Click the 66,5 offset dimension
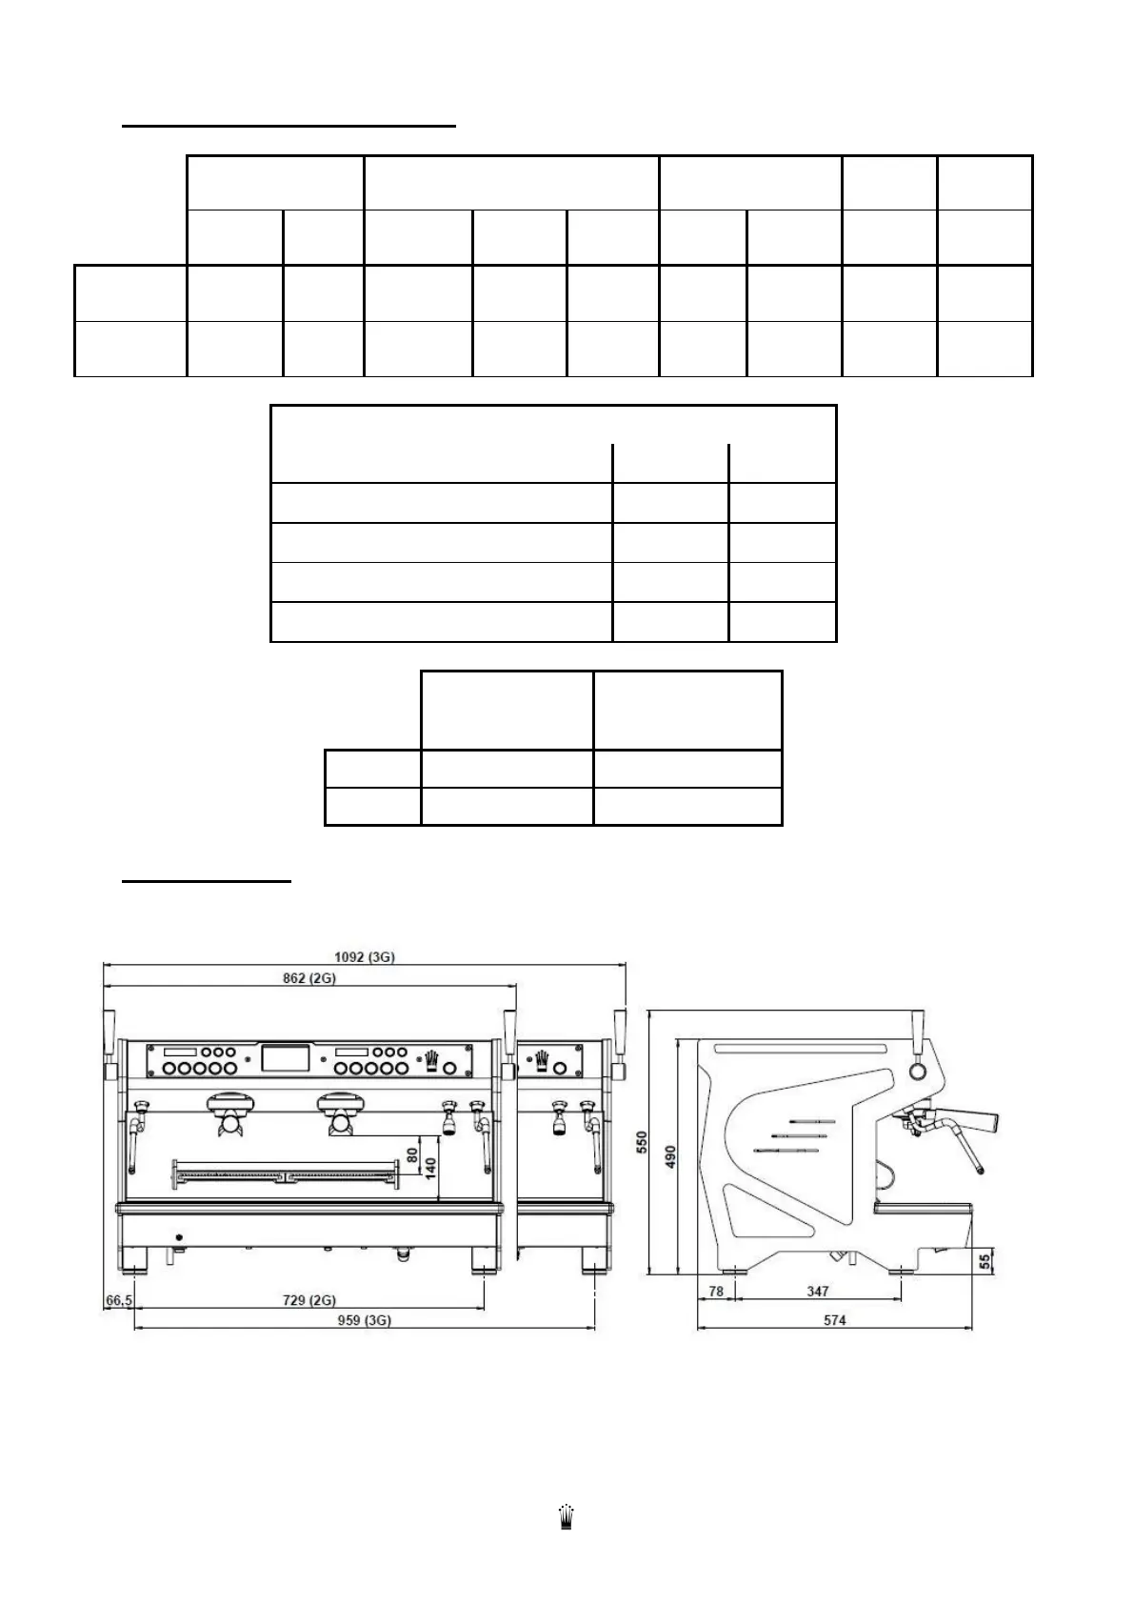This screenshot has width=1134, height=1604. coord(117,1299)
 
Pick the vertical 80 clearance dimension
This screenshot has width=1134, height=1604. coord(412,1153)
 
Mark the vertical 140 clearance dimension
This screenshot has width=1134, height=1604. coord(431,1168)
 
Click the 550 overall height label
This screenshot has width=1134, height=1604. coord(642,1143)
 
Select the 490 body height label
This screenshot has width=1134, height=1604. coord(670,1156)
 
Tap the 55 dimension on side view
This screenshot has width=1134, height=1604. coord(985,1259)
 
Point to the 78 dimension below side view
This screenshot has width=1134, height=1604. coord(716,1292)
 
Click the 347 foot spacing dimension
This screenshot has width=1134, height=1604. coord(817,1292)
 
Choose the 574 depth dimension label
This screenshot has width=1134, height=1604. coord(834,1320)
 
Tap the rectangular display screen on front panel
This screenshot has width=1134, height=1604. coord(286,1059)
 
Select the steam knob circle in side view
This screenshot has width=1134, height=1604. coord(917,1072)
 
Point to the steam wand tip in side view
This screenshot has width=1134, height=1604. coord(977,1168)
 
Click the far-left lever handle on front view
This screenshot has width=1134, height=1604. coord(109,1029)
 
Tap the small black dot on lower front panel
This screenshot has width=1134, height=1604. coord(179,1237)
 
